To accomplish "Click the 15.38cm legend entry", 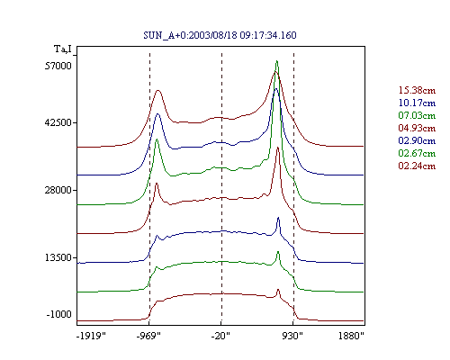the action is click(417, 90).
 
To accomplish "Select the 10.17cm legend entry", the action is click(417, 103).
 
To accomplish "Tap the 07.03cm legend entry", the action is click(417, 115).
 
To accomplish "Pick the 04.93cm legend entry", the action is click(417, 128).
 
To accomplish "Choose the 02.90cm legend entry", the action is click(417, 140).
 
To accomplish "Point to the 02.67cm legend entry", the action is click(417, 153).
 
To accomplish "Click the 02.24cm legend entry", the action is click(417, 166).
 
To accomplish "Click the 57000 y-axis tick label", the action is click(58, 66).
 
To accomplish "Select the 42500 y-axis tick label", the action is click(58, 122).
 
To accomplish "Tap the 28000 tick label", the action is click(58, 190).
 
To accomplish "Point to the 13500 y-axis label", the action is click(58, 257).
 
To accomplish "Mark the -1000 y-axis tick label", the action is click(59, 314).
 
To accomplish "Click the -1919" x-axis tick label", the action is click(92, 336).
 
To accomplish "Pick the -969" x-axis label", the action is click(148, 336).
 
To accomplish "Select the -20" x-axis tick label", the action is click(220, 336).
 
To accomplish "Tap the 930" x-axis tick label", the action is click(292, 336).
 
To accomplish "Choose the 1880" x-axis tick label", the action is click(351, 336).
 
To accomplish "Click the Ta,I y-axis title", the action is click(63, 49).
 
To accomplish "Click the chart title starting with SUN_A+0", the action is click(220, 35).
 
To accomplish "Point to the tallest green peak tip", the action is click(277, 61).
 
